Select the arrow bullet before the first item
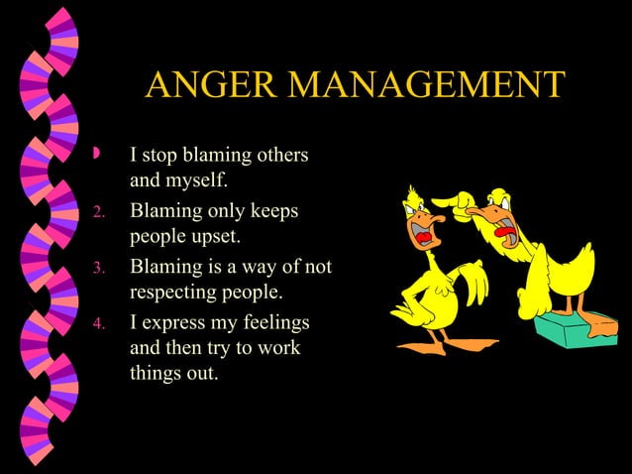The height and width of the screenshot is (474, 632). click(x=96, y=155)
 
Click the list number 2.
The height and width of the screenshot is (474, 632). click(x=98, y=212)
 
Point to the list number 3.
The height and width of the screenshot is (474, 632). click(x=98, y=267)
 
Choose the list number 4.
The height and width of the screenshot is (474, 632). click(x=98, y=322)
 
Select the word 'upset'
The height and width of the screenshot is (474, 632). click(x=212, y=238)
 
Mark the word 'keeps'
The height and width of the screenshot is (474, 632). click(x=273, y=210)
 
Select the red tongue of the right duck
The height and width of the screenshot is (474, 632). click(x=506, y=235)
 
